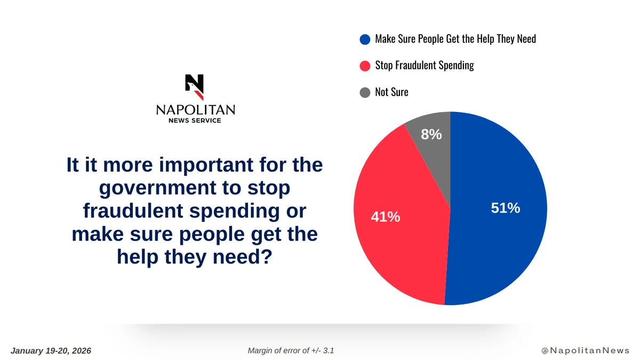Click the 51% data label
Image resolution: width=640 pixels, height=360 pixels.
505,209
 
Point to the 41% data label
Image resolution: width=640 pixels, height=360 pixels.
386,217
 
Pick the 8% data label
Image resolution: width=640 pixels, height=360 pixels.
431,134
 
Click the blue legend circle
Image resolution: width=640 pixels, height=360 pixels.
365,39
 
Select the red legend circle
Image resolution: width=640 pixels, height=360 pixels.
365,66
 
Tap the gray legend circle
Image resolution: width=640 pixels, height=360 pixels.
365,92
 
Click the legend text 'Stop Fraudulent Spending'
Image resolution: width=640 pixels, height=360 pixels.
425,66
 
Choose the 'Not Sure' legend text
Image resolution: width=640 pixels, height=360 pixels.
391,92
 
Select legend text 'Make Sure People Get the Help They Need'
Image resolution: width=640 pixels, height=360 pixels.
455,39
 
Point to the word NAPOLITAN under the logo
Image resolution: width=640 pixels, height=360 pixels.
195,110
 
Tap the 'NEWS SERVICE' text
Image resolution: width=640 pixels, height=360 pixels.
195,121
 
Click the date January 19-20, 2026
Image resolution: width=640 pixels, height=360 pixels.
51,350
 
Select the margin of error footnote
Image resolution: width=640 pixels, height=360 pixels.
291,350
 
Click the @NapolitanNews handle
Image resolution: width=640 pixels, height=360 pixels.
585,350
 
